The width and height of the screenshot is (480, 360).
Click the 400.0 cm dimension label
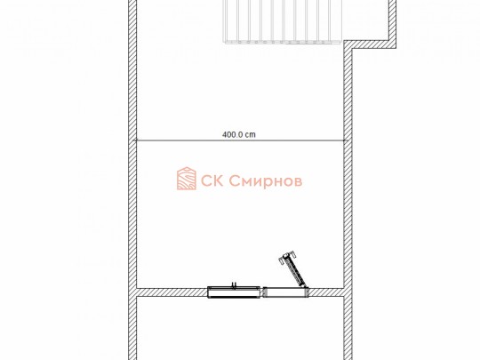tap(239, 135)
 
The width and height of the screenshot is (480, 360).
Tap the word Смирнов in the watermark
tap(266, 181)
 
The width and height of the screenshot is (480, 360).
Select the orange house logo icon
tap(187, 179)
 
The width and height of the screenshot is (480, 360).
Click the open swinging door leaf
tap(292, 269)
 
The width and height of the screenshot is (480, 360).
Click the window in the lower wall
tap(234, 292)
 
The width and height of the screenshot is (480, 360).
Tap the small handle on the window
tap(235, 284)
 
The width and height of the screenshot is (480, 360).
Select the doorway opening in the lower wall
tap(286, 292)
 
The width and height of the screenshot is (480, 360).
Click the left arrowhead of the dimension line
tap(138, 140)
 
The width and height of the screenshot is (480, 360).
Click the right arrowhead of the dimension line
tap(343, 140)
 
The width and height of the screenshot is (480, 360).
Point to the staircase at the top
tap(283, 20)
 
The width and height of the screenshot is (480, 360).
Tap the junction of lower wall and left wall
tap(132, 292)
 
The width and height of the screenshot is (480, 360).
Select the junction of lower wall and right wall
tap(348, 292)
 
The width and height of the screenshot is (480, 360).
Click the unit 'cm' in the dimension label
tap(251, 135)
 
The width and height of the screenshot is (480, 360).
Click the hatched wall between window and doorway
tap(261, 292)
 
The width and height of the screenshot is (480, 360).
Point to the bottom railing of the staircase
tap(283, 42)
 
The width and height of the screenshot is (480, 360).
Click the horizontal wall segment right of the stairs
tap(371, 44)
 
